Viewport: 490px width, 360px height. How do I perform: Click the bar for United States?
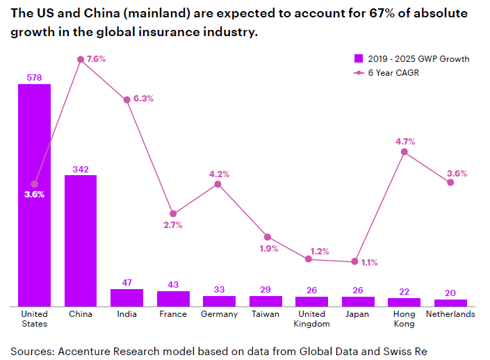point(34,208)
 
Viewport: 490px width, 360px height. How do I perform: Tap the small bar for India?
point(126,297)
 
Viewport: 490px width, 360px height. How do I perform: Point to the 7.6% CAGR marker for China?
point(81,60)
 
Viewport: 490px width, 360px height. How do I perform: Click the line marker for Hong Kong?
point(404,152)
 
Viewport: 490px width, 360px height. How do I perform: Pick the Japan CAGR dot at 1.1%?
point(354,261)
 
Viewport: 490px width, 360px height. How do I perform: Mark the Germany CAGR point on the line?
point(218,184)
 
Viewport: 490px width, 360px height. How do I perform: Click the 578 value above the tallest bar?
point(34,77)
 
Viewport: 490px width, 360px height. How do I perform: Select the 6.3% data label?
point(143,99)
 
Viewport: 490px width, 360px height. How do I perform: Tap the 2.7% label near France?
point(172,224)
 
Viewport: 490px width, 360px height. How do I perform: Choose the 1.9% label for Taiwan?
point(268,248)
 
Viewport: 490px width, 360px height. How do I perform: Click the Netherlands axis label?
point(450,314)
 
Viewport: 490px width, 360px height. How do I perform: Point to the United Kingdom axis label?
point(311,318)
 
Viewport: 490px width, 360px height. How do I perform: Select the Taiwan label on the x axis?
point(266,314)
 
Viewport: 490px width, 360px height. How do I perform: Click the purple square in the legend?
point(359,58)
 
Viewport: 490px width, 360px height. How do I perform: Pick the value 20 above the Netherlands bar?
point(450,293)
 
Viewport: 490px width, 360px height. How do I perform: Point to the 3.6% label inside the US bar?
point(34,195)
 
